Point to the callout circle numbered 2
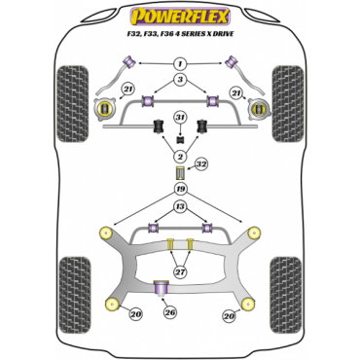pyautogui.click(x=180, y=157)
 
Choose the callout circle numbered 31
pyautogui.click(x=180, y=118)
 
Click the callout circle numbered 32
pyautogui.click(x=202, y=165)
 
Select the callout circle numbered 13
pyautogui.click(x=180, y=206)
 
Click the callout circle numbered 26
pyautogui.click(x=172, y=313)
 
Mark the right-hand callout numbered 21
pyautogui.click(x=236, y=90)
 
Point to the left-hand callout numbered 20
pyautogui.click(x=135, y=313)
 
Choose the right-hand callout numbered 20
pyautogui.click(x=228, y=315)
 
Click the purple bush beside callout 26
pyautogui.click(x=163, y=287)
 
